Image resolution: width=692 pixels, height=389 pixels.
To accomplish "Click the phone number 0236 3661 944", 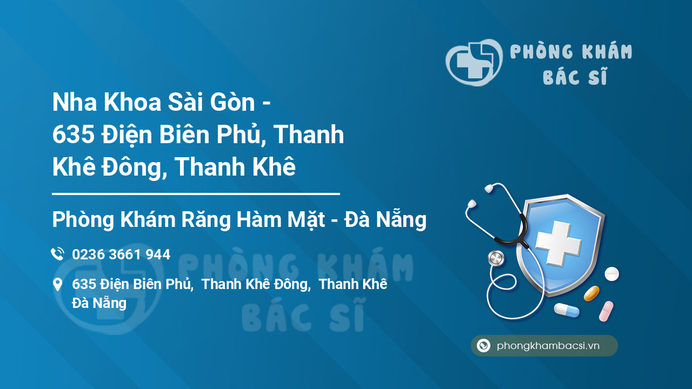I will (121, 254).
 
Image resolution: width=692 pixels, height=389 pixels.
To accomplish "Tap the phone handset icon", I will (57, 254).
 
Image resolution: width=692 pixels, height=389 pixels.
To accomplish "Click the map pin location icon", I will (57, 285).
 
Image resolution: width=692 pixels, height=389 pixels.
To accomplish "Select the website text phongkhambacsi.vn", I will (548, 346).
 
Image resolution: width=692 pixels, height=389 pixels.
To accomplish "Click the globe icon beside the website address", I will (483, 346).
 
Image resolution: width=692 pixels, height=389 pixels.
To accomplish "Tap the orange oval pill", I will (591, 293).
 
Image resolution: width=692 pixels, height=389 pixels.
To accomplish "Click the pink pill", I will (606, 311).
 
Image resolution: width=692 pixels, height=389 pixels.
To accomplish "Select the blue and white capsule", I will (566, 310).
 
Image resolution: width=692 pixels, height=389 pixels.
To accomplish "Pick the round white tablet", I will (611, 274).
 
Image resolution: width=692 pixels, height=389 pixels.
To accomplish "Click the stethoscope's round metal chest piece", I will (496, 258).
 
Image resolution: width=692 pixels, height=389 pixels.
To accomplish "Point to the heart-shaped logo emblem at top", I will (474, 62).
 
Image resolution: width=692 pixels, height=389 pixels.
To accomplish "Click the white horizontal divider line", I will (196, 193).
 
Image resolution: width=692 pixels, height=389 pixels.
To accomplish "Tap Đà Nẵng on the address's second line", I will (99, 303).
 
